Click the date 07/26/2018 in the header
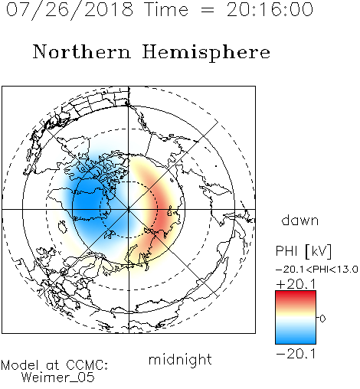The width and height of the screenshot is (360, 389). pyautogui.click(x=70, y=10)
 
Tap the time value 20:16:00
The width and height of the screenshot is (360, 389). pyautogui.click(x=270, y=10)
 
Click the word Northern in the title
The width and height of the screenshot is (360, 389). pyautogui.click(x=82, y=52)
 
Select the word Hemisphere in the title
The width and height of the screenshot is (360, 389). pyautogui.click(x=206, y=53)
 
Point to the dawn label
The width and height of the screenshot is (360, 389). pyautogui.click(x=300, y=220)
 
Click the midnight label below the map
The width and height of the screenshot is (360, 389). pyautogui.click(x=180, y=359)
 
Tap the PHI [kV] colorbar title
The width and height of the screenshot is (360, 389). pyautogui.click(x=303, y=251)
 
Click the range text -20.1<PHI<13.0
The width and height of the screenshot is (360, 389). pyautogui.click(x=317, y=270)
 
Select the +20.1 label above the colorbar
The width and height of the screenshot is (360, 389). pyautogui.click(x=296, y=284)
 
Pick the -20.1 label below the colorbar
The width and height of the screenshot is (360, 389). pyautogui.click(x=296, y=354)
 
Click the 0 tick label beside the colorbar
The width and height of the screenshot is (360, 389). pyautogui.click(x=322, y=319)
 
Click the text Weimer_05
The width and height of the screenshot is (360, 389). pyautogui.click(x=58, y=378)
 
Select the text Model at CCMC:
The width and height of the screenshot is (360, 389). pyautogui.click(x=54, y=365)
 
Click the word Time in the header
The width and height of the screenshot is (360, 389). pyautogui.click(x=166, y=10)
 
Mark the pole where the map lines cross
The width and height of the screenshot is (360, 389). pyautogui.click(x=129, y=209)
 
